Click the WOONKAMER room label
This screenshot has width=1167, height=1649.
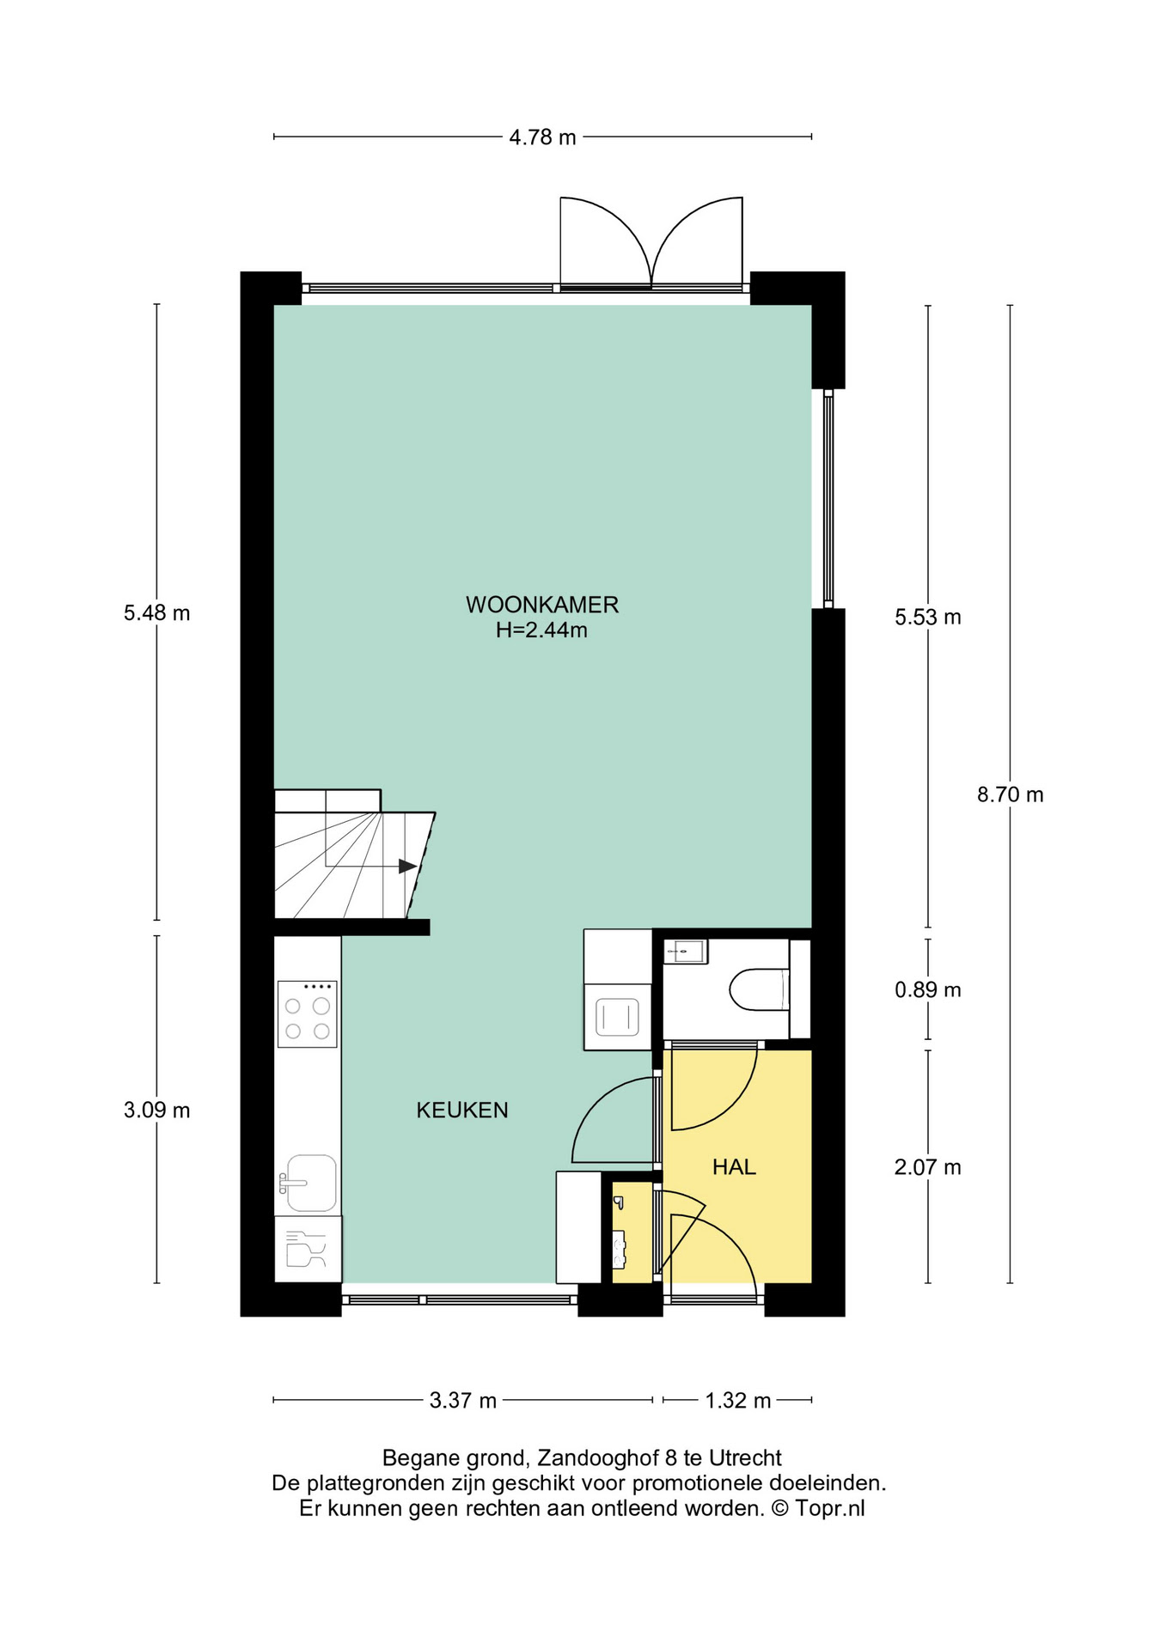[x=542, y=605]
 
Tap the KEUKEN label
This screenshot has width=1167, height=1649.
[x=462, y=1110]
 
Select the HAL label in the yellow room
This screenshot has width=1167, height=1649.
[x=734, y=1166]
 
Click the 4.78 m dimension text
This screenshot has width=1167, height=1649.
[x=542, y=137]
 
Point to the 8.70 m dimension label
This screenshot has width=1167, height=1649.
[x=1010, y=794]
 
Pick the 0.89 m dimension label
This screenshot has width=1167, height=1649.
[x=928, y=990]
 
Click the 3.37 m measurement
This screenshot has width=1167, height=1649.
[x=463, y=1401]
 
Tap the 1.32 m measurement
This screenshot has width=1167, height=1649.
[x=738, y=1401]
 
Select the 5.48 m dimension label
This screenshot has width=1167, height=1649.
[x=156, y=613]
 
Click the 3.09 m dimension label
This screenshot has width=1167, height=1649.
[x=156, y=1110]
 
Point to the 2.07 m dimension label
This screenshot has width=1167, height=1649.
[x=928, y=1167]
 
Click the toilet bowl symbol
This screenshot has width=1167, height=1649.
[x=760, y=989]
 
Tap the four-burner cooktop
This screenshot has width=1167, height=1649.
[x=307, y=1014]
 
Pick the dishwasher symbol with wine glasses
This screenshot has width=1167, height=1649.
[x=308, y=1249]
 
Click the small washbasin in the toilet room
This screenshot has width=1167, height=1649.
[x=686, y=952]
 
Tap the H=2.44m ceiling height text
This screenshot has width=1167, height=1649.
[x=541, y=630]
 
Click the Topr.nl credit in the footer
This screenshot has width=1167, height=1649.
[x=830, y=1508]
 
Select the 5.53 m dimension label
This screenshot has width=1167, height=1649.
[x=928, y=617]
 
